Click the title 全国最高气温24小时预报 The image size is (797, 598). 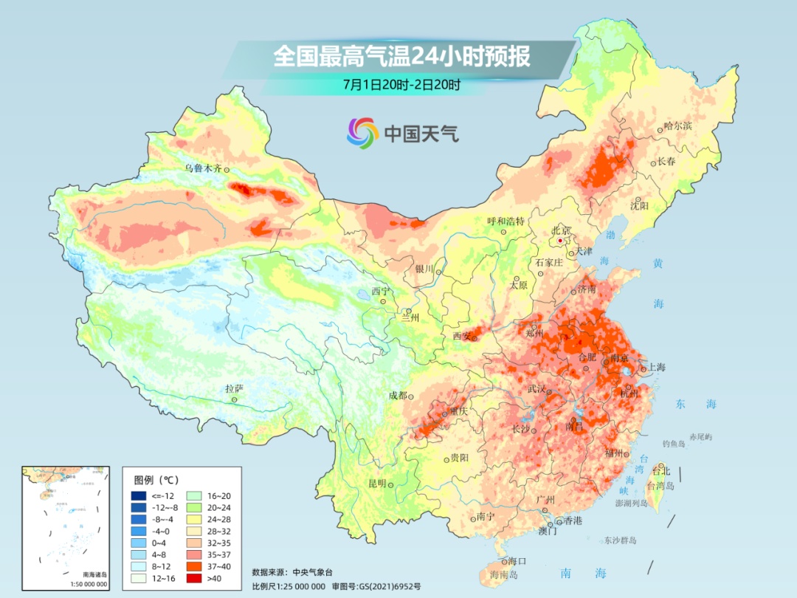tap(401, 57)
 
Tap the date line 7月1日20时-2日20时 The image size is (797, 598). tap(401, 84)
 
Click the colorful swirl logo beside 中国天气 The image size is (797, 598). tap(362, 133)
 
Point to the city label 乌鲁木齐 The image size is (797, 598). tap(203, 168)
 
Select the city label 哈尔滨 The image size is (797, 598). tap(677, 126)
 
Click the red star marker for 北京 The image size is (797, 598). tap(561, 241)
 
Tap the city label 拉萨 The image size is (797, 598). tap(234, 388)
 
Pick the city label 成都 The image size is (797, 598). tap(397, 395)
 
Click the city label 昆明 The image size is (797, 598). tap(377, 484)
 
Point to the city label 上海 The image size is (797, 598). tap(656, 368)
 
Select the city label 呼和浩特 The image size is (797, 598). tap(506, 221)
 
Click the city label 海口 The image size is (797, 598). tap(517, 562)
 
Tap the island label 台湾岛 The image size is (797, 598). tap(660, 486)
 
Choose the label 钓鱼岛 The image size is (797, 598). tap(674, 443)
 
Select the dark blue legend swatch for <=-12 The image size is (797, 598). tap(138, 495)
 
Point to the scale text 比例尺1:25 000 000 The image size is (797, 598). tap(289, 585)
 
